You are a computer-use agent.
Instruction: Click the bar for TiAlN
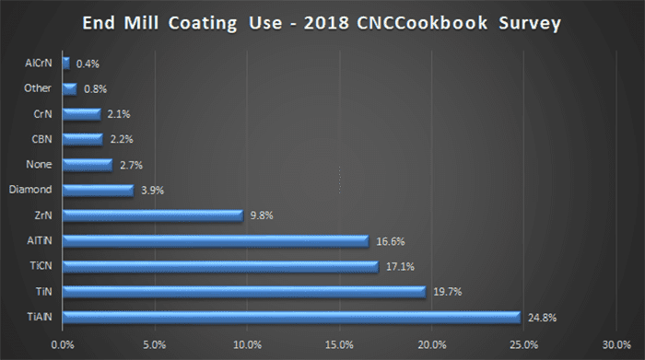(x=291, y=318)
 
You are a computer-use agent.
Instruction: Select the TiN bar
(x=244, y=292)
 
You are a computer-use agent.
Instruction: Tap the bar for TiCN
(x=220, y=267)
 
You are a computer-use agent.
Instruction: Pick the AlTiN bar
(x=216, y=241)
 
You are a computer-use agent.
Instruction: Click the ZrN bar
(x=152, y=216)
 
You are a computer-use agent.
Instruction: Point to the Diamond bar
(x=98, y=191)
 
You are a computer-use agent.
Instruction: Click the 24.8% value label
(x=542, y=318)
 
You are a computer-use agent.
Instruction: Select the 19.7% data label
(x=449, y=292)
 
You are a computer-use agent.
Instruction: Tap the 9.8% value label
(x=261, y=216)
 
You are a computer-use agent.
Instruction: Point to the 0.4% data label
(x=88, y=64)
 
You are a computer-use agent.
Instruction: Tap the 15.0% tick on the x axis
(x=339, y=344)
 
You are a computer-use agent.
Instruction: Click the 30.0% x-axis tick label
(x=616, y=344)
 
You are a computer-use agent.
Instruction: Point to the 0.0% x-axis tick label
(x=63, y=344)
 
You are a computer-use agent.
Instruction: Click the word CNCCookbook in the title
(x=439, y=24)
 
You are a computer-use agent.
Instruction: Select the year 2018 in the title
(x=346, y=24)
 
